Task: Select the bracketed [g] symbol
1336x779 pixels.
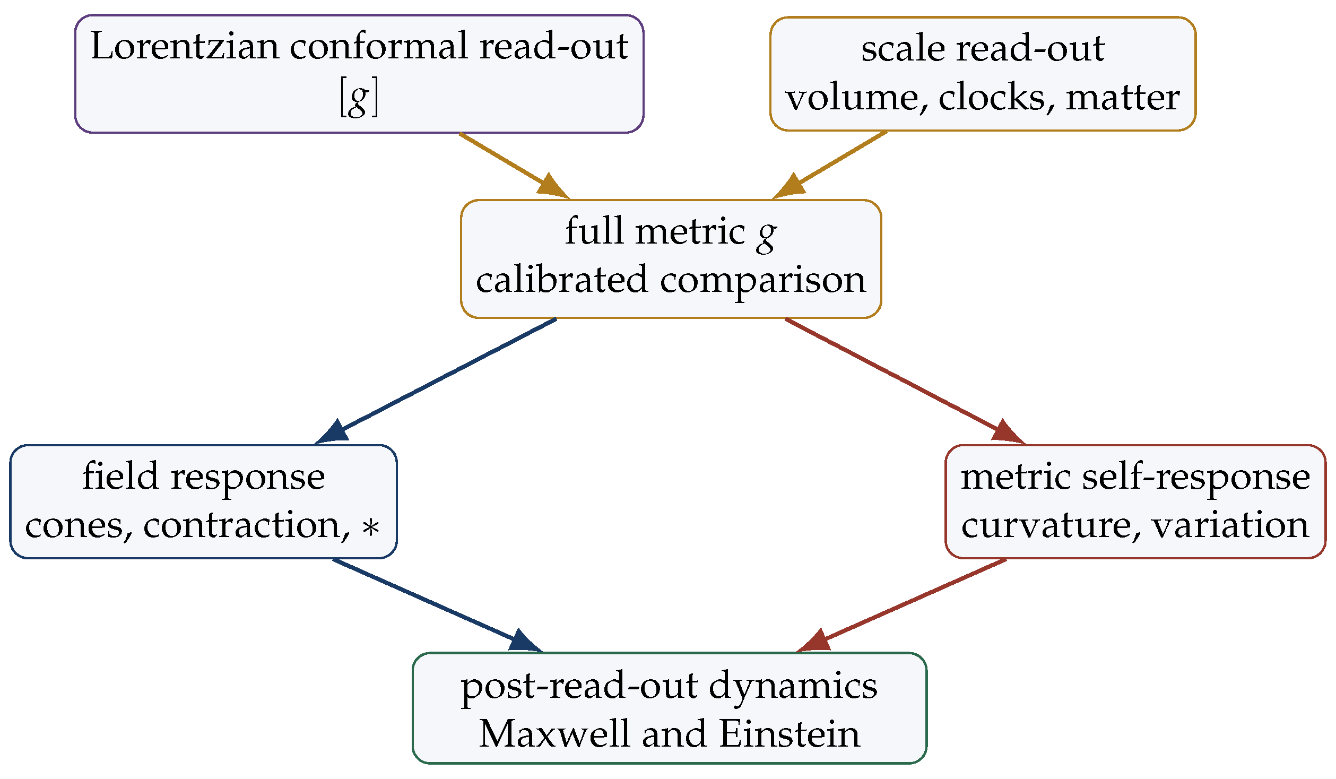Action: coord(359,98)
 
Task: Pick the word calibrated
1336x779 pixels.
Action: coord(562,279)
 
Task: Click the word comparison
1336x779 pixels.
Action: coord(763,281)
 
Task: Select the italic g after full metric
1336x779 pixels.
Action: coord(767,237)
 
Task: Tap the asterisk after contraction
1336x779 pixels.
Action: coord(371,527)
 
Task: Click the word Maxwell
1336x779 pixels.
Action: coord(554,734)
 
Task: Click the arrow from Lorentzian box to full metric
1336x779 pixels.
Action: coord(514,166)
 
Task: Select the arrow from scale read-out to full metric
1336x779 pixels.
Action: coord(829,165)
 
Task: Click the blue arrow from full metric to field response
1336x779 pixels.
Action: coord(435,382)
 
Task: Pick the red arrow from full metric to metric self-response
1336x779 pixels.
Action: coord(905,382)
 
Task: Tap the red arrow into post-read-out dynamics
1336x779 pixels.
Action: coord(901,606)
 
